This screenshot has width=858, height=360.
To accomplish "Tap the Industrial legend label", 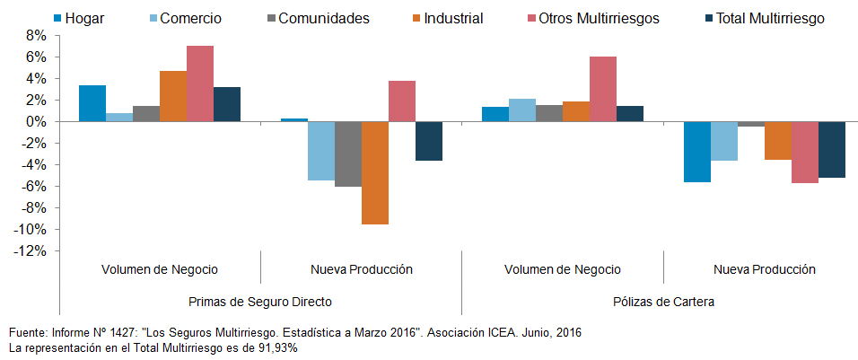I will pos(451,18).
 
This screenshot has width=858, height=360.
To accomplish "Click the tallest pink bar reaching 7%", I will pos(200,83).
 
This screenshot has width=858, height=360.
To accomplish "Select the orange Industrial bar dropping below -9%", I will pos(375,172).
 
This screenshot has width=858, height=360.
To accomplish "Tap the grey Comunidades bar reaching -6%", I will pos(348,154).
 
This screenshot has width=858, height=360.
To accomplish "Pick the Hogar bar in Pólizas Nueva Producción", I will pos(696,152).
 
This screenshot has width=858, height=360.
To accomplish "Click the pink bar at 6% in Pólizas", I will pos(603,89).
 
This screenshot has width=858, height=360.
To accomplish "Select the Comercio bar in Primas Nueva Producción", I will pos(321,151).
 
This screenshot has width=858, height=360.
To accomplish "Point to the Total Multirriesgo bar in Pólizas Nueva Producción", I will pos(831,149).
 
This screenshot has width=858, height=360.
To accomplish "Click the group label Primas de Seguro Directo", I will pos(260,302).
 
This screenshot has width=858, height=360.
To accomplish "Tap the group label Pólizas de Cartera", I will pos(663,302).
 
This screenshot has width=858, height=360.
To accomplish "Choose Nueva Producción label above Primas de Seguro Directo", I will pos(362,269).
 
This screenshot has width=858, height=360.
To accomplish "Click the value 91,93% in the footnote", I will pos(275,347).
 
